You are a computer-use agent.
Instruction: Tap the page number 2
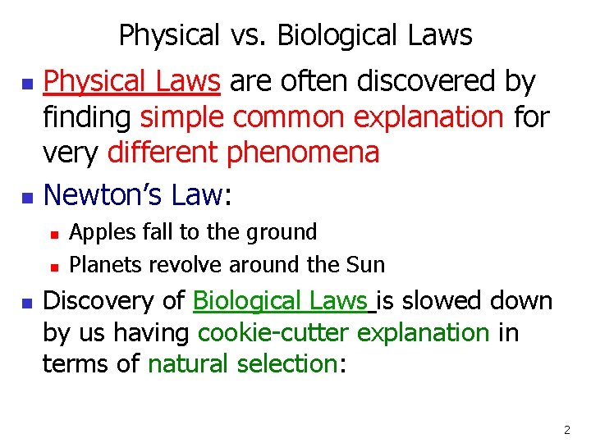click(568, 430)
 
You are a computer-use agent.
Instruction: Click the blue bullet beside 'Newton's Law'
click(27, 199)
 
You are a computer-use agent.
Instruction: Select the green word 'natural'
click(188, 363)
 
